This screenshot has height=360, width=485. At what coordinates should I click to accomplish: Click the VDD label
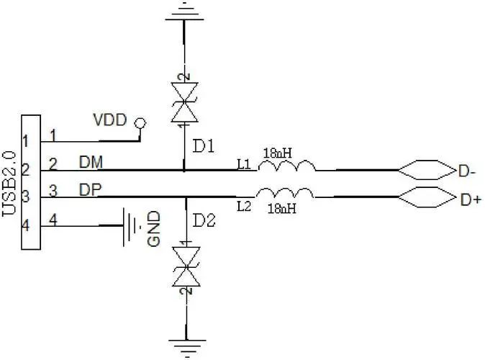click(110, 120)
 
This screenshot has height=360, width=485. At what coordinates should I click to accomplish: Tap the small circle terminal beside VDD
click(140, 124)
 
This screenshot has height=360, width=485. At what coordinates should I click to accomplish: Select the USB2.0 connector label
click(9, 184)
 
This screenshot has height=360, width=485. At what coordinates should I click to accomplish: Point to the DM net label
click(91, 162)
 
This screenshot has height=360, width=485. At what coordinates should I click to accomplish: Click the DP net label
click(91, 189)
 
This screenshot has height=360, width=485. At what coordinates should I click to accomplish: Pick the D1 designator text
click(203, 146)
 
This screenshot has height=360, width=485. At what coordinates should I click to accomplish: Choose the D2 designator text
click(204, 221)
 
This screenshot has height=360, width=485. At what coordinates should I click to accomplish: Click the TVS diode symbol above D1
click(185, 102)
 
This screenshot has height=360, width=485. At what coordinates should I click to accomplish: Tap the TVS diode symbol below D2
click(186, 266)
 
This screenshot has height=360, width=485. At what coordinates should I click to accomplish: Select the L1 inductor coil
click(287, 166)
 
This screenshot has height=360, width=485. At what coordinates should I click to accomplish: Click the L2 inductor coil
click(284, 193)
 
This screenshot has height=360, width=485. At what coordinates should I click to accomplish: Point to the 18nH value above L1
click(278, 153)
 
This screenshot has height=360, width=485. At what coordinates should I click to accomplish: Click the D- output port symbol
click(427, 170)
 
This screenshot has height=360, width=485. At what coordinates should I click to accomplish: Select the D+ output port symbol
click(427, 197)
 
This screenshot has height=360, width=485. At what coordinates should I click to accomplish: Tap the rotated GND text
click(154, 228)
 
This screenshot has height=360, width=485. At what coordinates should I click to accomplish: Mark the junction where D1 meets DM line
click(184, 170)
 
